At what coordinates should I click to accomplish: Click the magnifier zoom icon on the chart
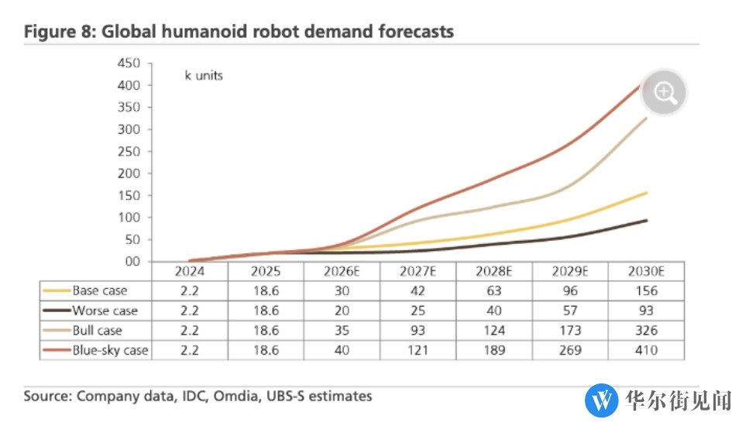664,93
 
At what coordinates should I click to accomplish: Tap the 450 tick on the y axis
129,63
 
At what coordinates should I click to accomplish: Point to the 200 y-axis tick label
129,173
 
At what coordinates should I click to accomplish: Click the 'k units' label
204,76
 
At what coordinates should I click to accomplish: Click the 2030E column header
645,272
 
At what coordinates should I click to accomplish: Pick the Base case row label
99,291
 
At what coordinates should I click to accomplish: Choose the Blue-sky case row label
110,350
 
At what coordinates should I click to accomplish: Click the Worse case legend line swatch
57,311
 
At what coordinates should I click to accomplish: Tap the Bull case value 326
645,331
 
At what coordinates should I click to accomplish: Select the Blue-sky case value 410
645,350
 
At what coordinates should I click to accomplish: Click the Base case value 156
645,291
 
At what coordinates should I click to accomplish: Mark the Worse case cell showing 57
569,311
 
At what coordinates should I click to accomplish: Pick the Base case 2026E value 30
341,291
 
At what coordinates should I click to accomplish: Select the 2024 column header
189,272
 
